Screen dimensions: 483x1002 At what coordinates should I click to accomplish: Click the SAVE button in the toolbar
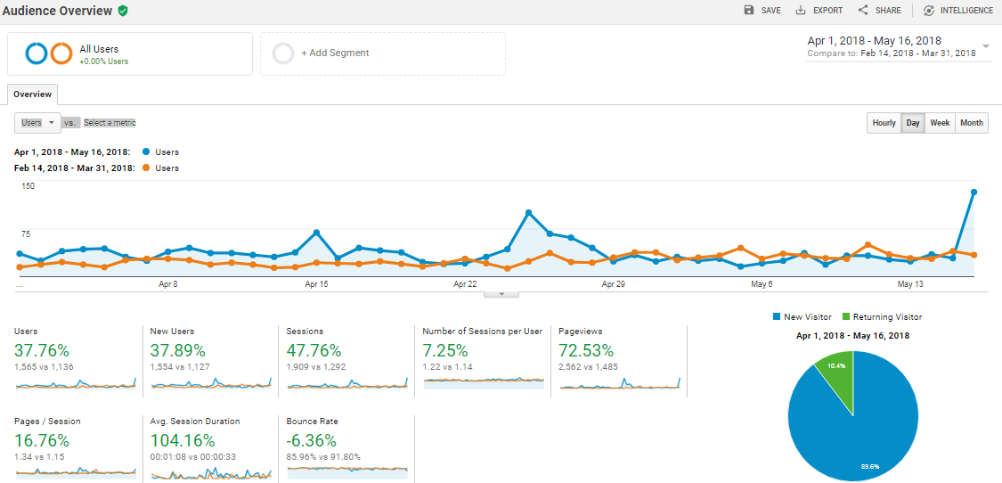pyautogui.click(x=762, y=11)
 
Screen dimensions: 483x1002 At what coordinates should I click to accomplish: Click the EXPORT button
pyautogui.click(x=819, y=11)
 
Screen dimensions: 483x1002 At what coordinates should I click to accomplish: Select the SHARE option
pyautogui.click(x=879, y=11)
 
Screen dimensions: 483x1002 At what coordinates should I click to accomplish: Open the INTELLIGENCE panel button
pyautogui.click(x=957, y=11)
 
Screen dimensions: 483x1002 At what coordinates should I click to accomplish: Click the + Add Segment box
pyautogui.click(x=382, y=53)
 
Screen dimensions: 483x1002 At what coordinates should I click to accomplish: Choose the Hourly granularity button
pyautogui.click(x=884, y=123)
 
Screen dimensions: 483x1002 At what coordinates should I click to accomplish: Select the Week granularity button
pyautogui.click(x=940, y=123)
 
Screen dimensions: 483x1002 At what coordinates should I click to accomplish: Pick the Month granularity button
pyautogui.click(x=972, y=123)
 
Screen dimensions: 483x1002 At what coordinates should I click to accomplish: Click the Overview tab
pyautogui.click(x=32, y=94)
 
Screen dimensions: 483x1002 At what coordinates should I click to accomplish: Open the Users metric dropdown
pyautogui.click(x=37, y=123)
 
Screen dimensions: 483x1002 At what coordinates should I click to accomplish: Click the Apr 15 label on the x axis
pyautogui.click(x=316, y=284)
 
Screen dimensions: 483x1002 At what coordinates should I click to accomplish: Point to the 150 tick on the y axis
pyautogui.click(x=28, y=186)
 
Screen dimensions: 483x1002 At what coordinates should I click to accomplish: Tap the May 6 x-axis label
pyautogui.click(x=762, y=284)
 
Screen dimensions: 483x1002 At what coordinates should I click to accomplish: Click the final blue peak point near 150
pyautogui.click(x=973, y=192)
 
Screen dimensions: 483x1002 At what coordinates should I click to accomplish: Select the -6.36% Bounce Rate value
pyautogui.click(x=311, y=440)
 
